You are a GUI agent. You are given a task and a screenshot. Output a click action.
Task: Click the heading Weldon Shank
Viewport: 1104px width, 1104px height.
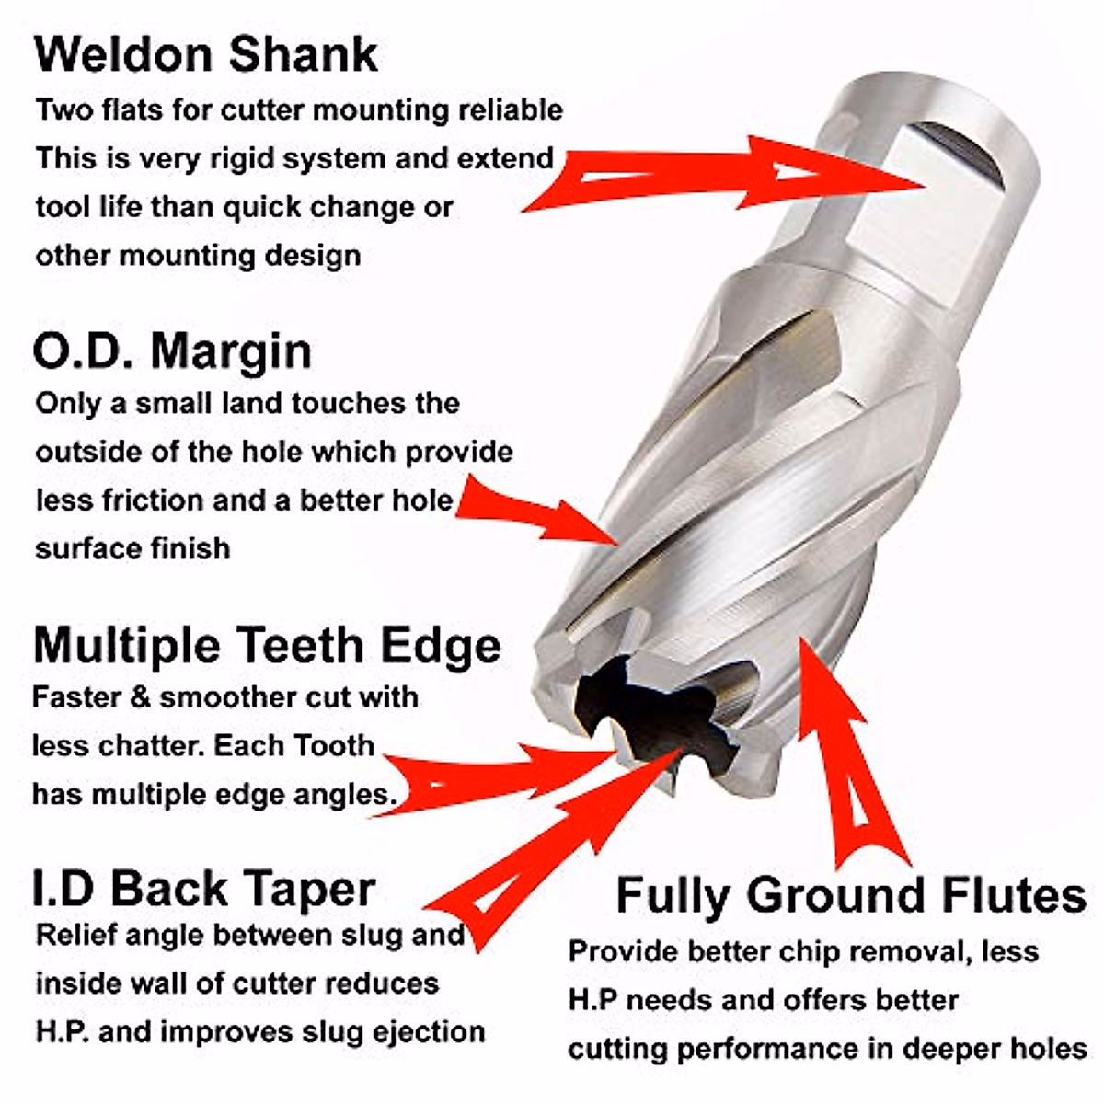click(x=206, y=54)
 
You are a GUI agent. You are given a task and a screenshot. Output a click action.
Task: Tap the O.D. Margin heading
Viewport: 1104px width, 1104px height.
click(x=172, y=351)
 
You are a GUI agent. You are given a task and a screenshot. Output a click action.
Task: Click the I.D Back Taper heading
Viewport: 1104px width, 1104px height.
click(x=203, y=888)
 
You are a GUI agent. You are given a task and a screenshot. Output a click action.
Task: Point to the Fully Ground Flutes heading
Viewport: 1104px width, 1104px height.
click(x=851, y=894)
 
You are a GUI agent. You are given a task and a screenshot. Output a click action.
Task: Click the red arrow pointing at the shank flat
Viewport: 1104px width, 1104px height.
click(x=727, y=175)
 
